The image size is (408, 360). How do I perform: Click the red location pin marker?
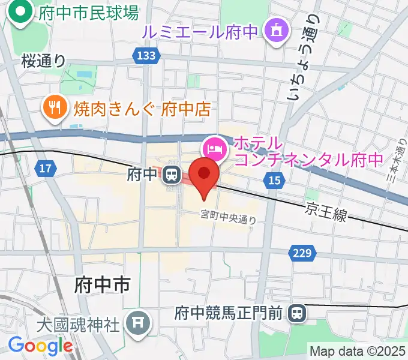point(205,175)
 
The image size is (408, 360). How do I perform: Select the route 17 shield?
point(43,169)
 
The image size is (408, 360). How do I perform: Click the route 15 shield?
point(275,180)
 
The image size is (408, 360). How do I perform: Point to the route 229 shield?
point(302,254)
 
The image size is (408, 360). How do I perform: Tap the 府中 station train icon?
point(172,175)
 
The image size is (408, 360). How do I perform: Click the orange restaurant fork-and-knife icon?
point(56,109)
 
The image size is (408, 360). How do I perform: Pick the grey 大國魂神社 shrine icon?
point(138,325)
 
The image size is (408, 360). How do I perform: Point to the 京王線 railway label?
point(325,211)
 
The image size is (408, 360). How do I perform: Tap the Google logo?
point(40,345)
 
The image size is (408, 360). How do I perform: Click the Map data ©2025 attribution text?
point(358,351)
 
